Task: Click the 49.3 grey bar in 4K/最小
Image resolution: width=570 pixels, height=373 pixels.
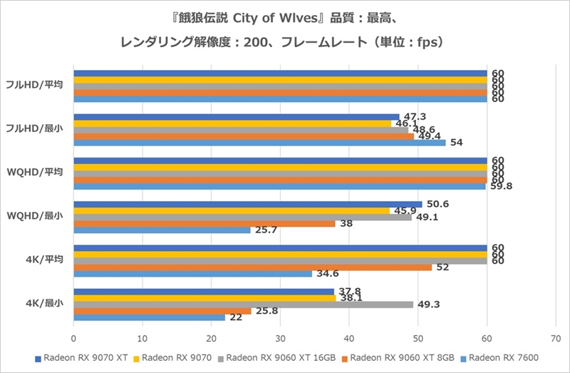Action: (243, 305)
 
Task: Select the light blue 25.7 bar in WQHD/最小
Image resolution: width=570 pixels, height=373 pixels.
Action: (162, 230)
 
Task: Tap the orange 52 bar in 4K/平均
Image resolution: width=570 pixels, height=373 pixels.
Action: (252, 267)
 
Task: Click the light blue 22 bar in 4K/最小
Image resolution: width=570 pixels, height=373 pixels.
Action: (149, 318)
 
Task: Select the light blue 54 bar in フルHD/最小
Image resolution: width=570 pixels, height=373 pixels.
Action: (259, 143)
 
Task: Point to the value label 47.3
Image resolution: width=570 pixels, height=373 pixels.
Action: (415, 116)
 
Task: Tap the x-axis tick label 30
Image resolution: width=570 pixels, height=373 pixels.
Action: (280, 338)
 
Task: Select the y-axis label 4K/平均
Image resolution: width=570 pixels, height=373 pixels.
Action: (44, 260)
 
